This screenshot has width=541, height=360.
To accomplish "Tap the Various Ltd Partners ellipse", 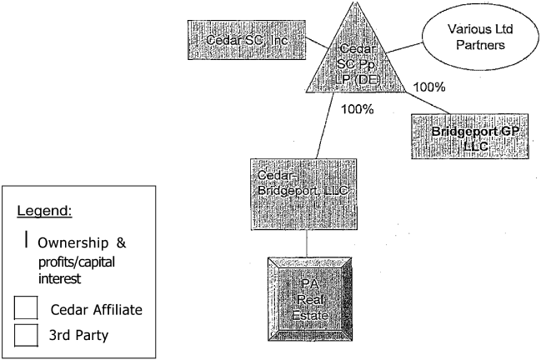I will [x=483, y=39].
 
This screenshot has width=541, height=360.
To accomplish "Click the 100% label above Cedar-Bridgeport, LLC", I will [x=356, y=108].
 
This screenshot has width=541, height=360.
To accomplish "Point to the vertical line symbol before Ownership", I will [x=28, y=240].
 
